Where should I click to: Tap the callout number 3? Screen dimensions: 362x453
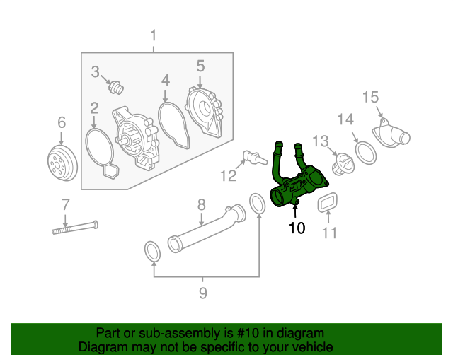pyautogui.click(x=96, y=71)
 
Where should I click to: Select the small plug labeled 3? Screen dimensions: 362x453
pyautogui.click(x=115, y=88)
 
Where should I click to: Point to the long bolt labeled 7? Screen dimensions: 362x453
pyautogui.click(x=74, y=228)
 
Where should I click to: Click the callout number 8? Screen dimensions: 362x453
pyautogui.click(x=201, y=204)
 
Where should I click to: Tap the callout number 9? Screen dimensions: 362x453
pyautogui.click(x=202, y=293)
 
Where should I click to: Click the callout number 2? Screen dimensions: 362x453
pyautogui.click(x=93, y=108)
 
